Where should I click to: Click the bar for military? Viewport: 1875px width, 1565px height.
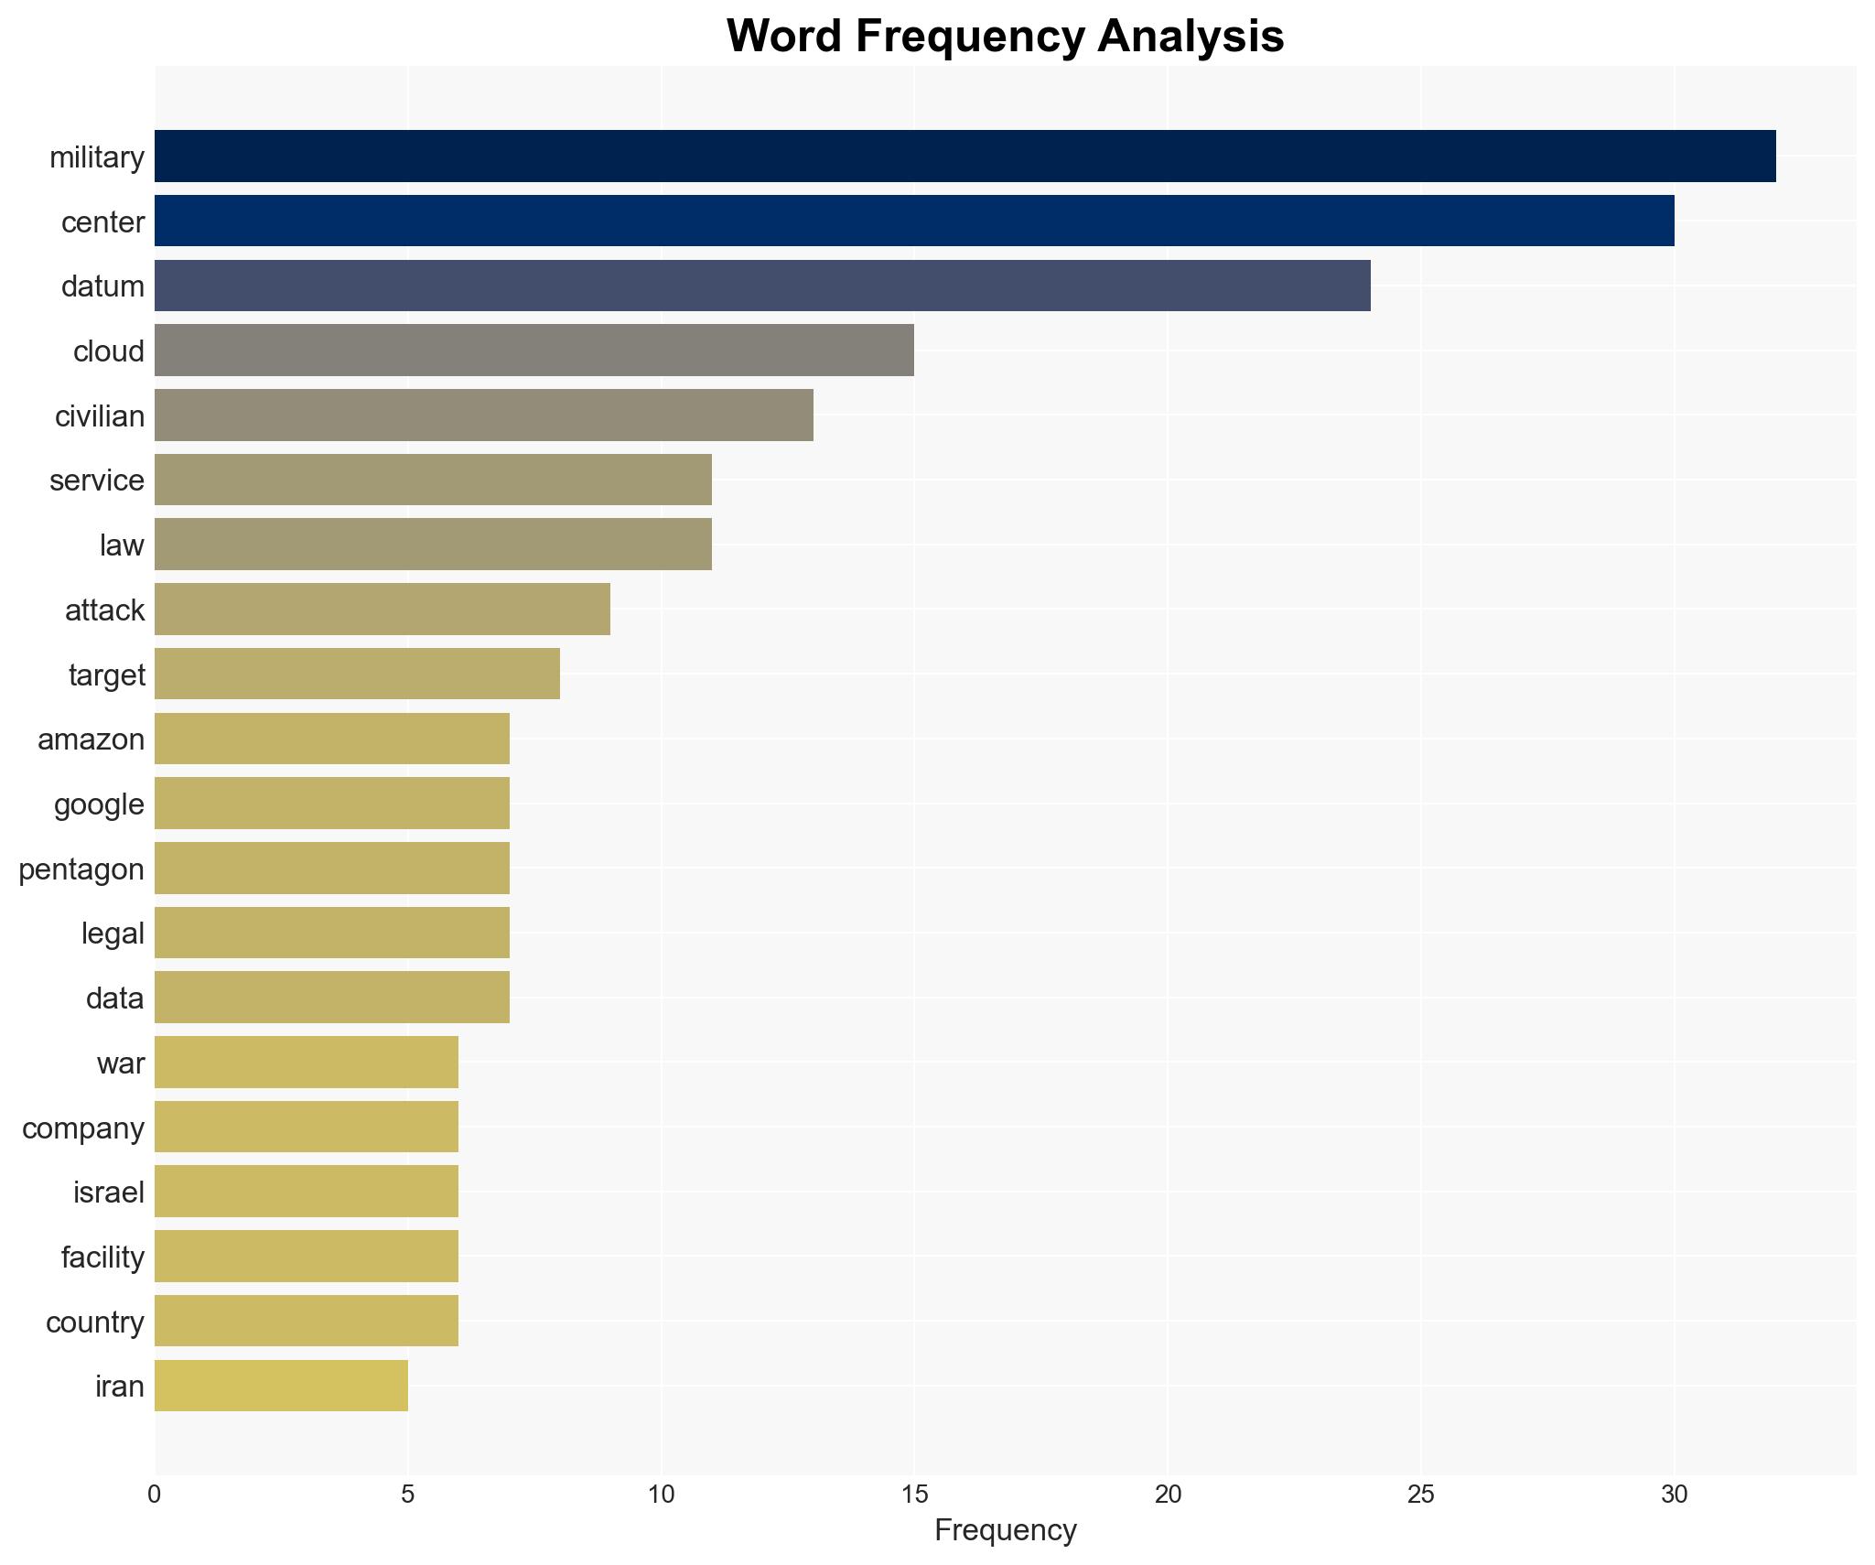[964, 156]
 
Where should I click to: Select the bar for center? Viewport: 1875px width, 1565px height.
[914, 221]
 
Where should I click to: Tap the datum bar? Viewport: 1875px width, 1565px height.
[762, 286]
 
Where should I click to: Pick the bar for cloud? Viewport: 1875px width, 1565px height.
[534, 351]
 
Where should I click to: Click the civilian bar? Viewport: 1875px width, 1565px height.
[484, 416]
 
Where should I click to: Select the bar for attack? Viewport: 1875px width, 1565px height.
[383, 610]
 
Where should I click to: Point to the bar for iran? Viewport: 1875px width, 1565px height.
[281, 1386]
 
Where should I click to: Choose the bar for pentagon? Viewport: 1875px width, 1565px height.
[332, 869]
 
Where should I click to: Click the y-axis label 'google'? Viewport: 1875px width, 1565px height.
[99, 804]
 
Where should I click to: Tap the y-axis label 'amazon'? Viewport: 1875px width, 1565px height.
[91, 739]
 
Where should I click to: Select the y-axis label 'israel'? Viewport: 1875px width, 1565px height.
[109, 1193]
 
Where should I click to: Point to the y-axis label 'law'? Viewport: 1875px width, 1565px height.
[122, 545]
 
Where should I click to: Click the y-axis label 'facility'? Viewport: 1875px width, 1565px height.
[102, 1257]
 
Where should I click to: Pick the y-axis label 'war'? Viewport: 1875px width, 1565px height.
[121, 1063]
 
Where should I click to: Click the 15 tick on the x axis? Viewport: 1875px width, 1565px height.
[914, 1495]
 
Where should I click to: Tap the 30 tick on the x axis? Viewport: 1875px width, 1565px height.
[1674, 1495]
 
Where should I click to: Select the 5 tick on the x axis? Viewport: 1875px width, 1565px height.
[408, 1495]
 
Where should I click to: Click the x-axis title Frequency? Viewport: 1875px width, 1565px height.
[1005, 1530]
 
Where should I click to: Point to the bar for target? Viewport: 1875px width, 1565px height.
[357, 674]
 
